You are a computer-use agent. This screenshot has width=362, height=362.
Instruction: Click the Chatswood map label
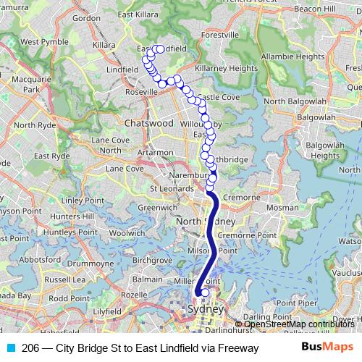click(x=148, y=123)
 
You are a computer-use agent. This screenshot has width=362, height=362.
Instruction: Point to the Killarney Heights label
click(x=226, y=68)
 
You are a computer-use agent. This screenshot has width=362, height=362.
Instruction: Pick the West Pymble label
click(x=39, y=42)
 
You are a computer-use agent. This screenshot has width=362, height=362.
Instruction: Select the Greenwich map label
click(x=153, y=207)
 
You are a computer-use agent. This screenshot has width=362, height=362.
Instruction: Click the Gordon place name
click(x=86, y=18)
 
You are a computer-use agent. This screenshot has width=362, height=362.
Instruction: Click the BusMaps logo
click(x=329, y=348)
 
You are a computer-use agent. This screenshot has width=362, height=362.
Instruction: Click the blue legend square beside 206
click(x=10, y=348)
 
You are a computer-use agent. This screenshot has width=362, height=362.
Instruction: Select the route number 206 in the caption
click(x=31, y=348)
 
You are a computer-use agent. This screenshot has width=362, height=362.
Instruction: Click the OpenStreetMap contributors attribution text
click(x=299, y=324)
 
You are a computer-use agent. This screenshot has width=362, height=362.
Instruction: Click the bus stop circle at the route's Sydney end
click(x=205, y=292)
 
